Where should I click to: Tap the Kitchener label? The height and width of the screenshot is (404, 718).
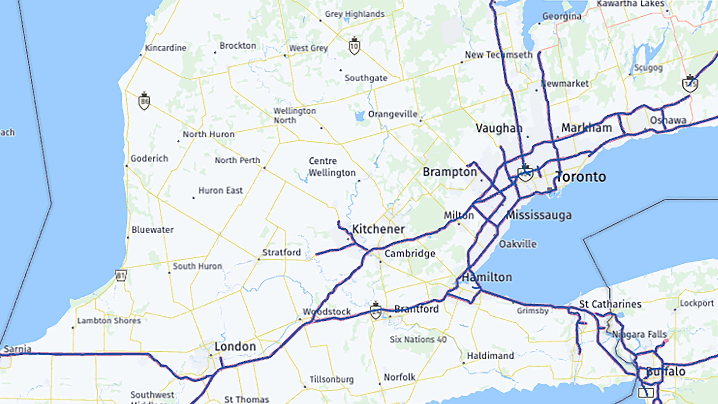click(x=378, y=229)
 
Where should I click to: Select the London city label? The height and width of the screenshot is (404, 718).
click(x=235, y=347)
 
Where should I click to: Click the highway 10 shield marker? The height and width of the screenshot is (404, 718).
click(x=354, y=47)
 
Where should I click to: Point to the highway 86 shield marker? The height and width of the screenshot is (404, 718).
click(x=144, y=102)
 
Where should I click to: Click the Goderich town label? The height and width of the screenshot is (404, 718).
click(x=149, y=159)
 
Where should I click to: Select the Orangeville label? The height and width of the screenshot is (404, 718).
click(x=393, y=114)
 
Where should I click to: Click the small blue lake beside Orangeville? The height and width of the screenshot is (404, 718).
click(x=360, y=116)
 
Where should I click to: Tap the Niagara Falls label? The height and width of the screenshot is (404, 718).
click(x=639, y=334)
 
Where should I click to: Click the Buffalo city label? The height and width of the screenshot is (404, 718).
click(x=665, y=372)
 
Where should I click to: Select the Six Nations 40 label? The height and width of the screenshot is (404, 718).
click(x=418, y=339)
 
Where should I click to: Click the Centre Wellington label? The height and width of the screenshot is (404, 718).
click(x=332, y=167)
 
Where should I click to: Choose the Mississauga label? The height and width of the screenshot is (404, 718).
click(x=538, y=215)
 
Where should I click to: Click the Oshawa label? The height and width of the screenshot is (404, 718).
click(x=668, y=120)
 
